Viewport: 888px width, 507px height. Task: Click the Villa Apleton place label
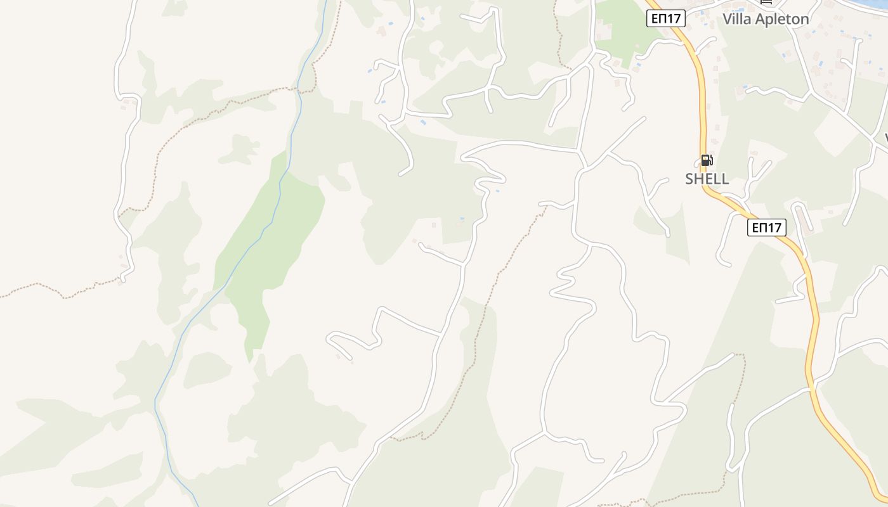click(x=766, y=19)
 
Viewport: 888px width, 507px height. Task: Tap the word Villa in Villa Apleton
click(x=736, y=19)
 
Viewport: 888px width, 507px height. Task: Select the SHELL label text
click(x=707, y=179)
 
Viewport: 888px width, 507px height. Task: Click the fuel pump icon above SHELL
click(x=707, y=160)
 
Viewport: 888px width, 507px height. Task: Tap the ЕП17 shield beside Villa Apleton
click(x=666, y=18)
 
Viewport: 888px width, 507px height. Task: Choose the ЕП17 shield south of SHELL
click(x=766, y=228)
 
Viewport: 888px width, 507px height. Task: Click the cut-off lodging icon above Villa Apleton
click(x=767, y=2)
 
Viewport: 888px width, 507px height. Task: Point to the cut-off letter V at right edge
click(x=885, y=137)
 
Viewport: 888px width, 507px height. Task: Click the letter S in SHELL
click(x=689, y=179)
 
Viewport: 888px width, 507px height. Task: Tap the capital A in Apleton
click(x=759, y=19)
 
